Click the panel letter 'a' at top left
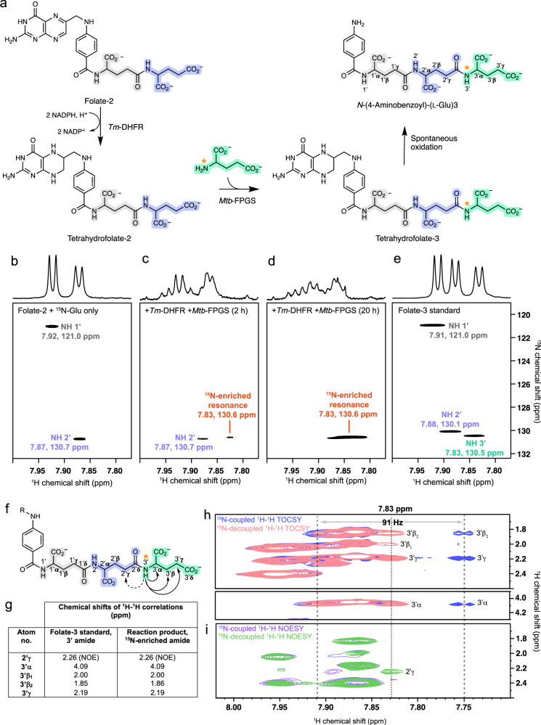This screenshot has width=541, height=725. [7, 7]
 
